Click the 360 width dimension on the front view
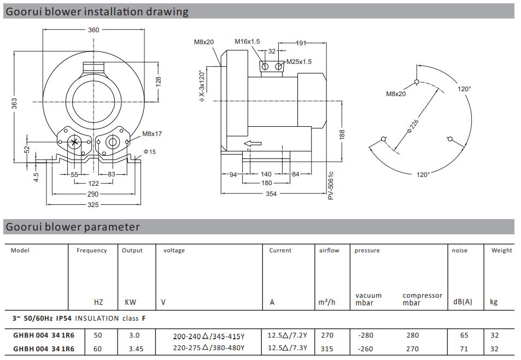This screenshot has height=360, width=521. click(x=93, y=30)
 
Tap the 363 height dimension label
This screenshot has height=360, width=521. click(x=15, y=103)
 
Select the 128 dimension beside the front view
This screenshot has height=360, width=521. click(x=159, y=81)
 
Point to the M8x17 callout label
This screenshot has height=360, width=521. click(x=151, y=134)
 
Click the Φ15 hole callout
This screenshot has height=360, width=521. click(x=150, y=151)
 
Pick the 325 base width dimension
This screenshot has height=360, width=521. click(x=93, y=205)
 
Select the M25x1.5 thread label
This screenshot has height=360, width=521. click(x=298, y=62)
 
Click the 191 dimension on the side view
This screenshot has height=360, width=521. click(x=301, y=43)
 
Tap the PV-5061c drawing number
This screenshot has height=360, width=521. click(x=331, y=185)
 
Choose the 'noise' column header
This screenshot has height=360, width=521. click(x=459, y=250)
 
